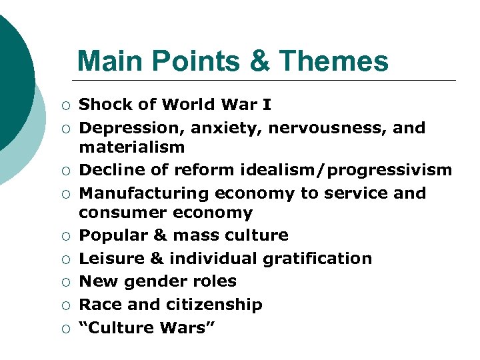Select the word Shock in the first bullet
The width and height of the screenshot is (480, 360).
click(x=105, y=105)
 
